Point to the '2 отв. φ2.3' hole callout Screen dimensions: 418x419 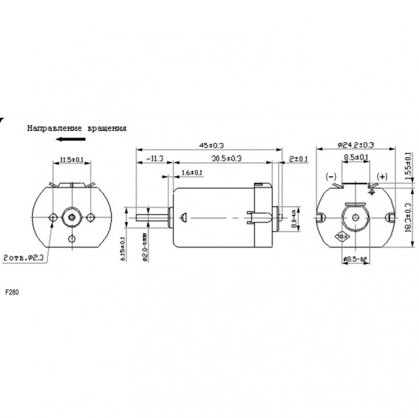pyautogui.click(x=24, y=259)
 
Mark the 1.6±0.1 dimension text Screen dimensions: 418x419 pyautogui.click(x=192, y=173)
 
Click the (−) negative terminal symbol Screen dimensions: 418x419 pyautogui.click(x=332, y=176)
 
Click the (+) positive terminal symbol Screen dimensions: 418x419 pyautogui.click(x=381, y=176)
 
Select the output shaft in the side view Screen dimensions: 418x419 pyautogui.click(x=151, y=215)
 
